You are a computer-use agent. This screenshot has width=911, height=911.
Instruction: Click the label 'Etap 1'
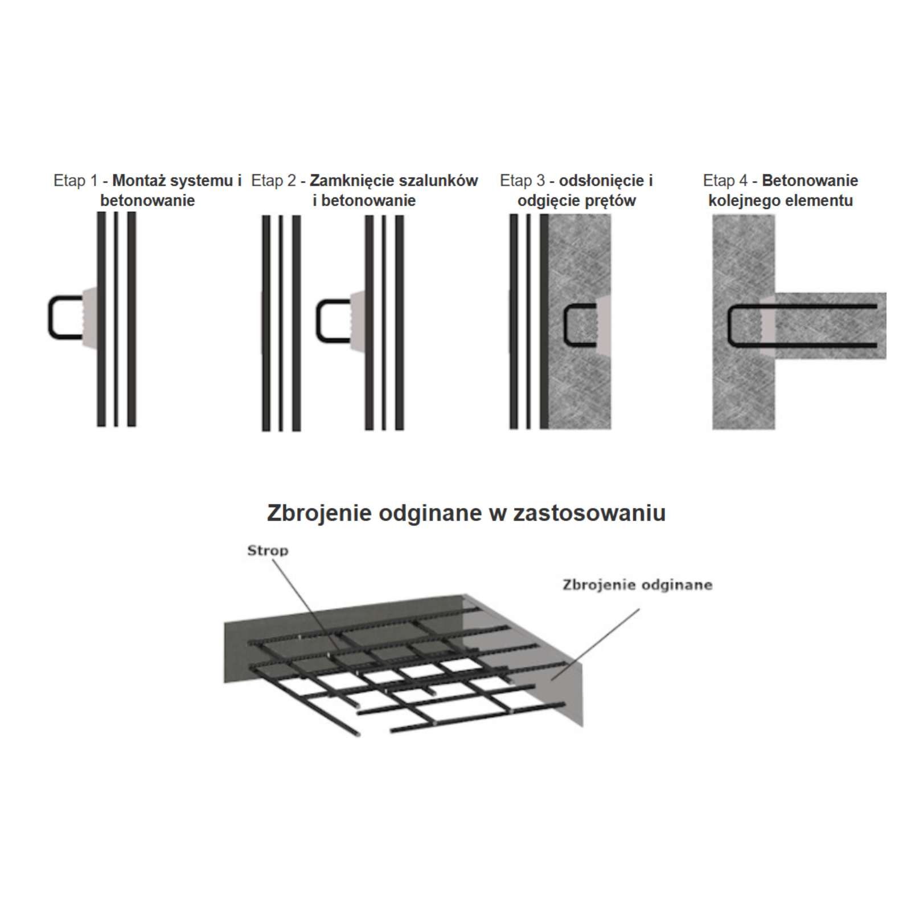coord(75,180)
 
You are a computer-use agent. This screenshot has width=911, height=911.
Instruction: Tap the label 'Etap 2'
coord(273,180)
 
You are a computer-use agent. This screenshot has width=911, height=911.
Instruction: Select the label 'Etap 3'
coord(522,180)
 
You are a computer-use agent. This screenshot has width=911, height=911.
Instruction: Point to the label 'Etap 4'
coord(725,180)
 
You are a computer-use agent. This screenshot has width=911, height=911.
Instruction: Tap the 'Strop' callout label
coord(268,551)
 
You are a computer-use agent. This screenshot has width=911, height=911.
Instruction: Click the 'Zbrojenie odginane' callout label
coord(637,585)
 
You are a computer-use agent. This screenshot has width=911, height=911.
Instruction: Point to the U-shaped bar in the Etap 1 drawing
coord(50,318)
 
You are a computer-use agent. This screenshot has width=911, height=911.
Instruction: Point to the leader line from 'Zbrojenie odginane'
coord(594,644)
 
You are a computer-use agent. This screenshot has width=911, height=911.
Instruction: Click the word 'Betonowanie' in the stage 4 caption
coord(810,180)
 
